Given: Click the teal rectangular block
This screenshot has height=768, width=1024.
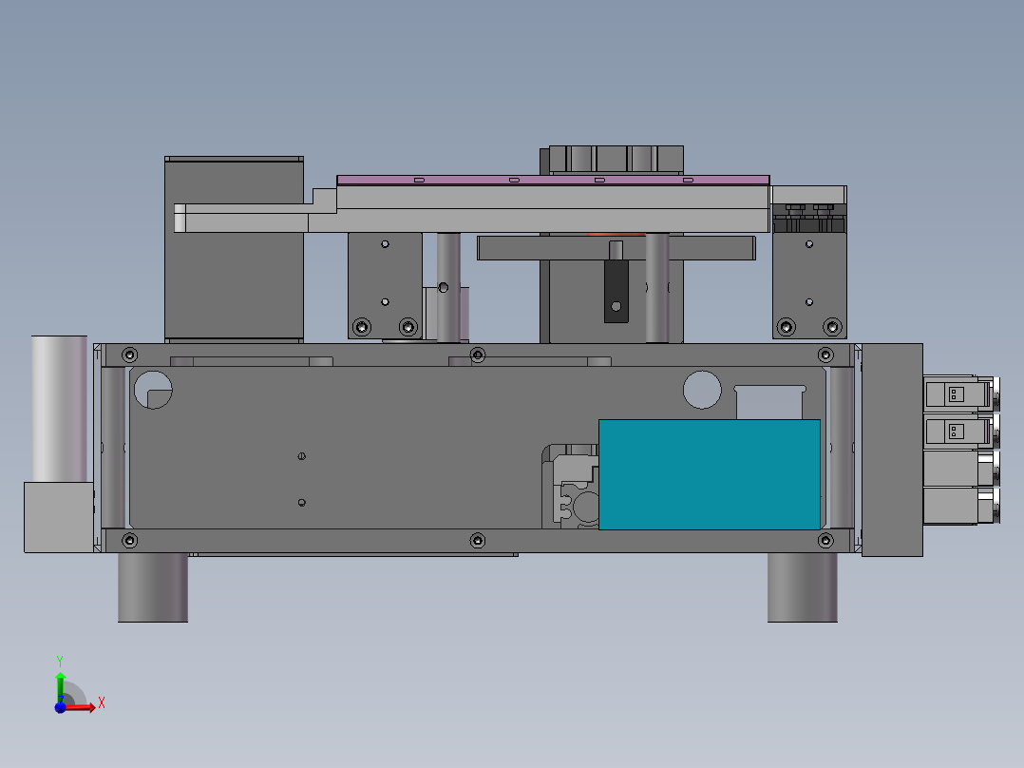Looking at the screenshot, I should pyautogui.click(x=709, y=474).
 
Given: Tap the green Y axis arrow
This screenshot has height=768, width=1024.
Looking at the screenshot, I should pyautogui.click(x=60, y=679).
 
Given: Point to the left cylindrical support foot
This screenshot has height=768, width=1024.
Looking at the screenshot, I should pyautogui.click(x=152, y=587).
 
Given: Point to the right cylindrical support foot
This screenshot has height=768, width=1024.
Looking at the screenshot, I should pyautogui.click(x=802, y=587).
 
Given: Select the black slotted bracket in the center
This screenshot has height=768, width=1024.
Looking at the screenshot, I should pyautogui.click(x=616, y=290).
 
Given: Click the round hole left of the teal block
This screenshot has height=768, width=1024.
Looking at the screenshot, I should pyautogui.click(x=702, y=389).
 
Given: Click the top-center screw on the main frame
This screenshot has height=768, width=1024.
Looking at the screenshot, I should pyautogui.click(x=478, y=355).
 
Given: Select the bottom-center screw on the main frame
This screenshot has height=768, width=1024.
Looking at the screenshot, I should pyautogui.click(x=478, y=541).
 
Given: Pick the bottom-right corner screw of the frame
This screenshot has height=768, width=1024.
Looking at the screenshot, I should pyautogui.click(x=825, y=541).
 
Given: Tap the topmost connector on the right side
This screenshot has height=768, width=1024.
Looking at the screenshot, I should pyautogui.click(x=957, y=394).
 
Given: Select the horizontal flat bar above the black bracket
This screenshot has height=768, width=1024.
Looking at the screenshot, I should pyautogui.click(x=616, y=249).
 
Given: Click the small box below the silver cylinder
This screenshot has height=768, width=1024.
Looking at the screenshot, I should pyautogui.click(x=58, y=516).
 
